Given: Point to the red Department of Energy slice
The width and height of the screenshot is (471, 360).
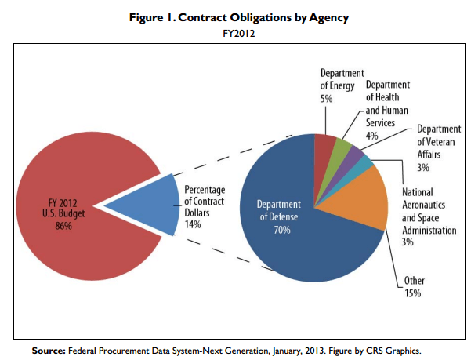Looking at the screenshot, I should click(x=324, y=145).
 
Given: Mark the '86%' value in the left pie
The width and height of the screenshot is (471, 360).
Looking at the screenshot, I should click(x=63, y=226).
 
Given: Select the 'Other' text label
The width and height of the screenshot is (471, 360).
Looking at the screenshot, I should click(x=415, y=280).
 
